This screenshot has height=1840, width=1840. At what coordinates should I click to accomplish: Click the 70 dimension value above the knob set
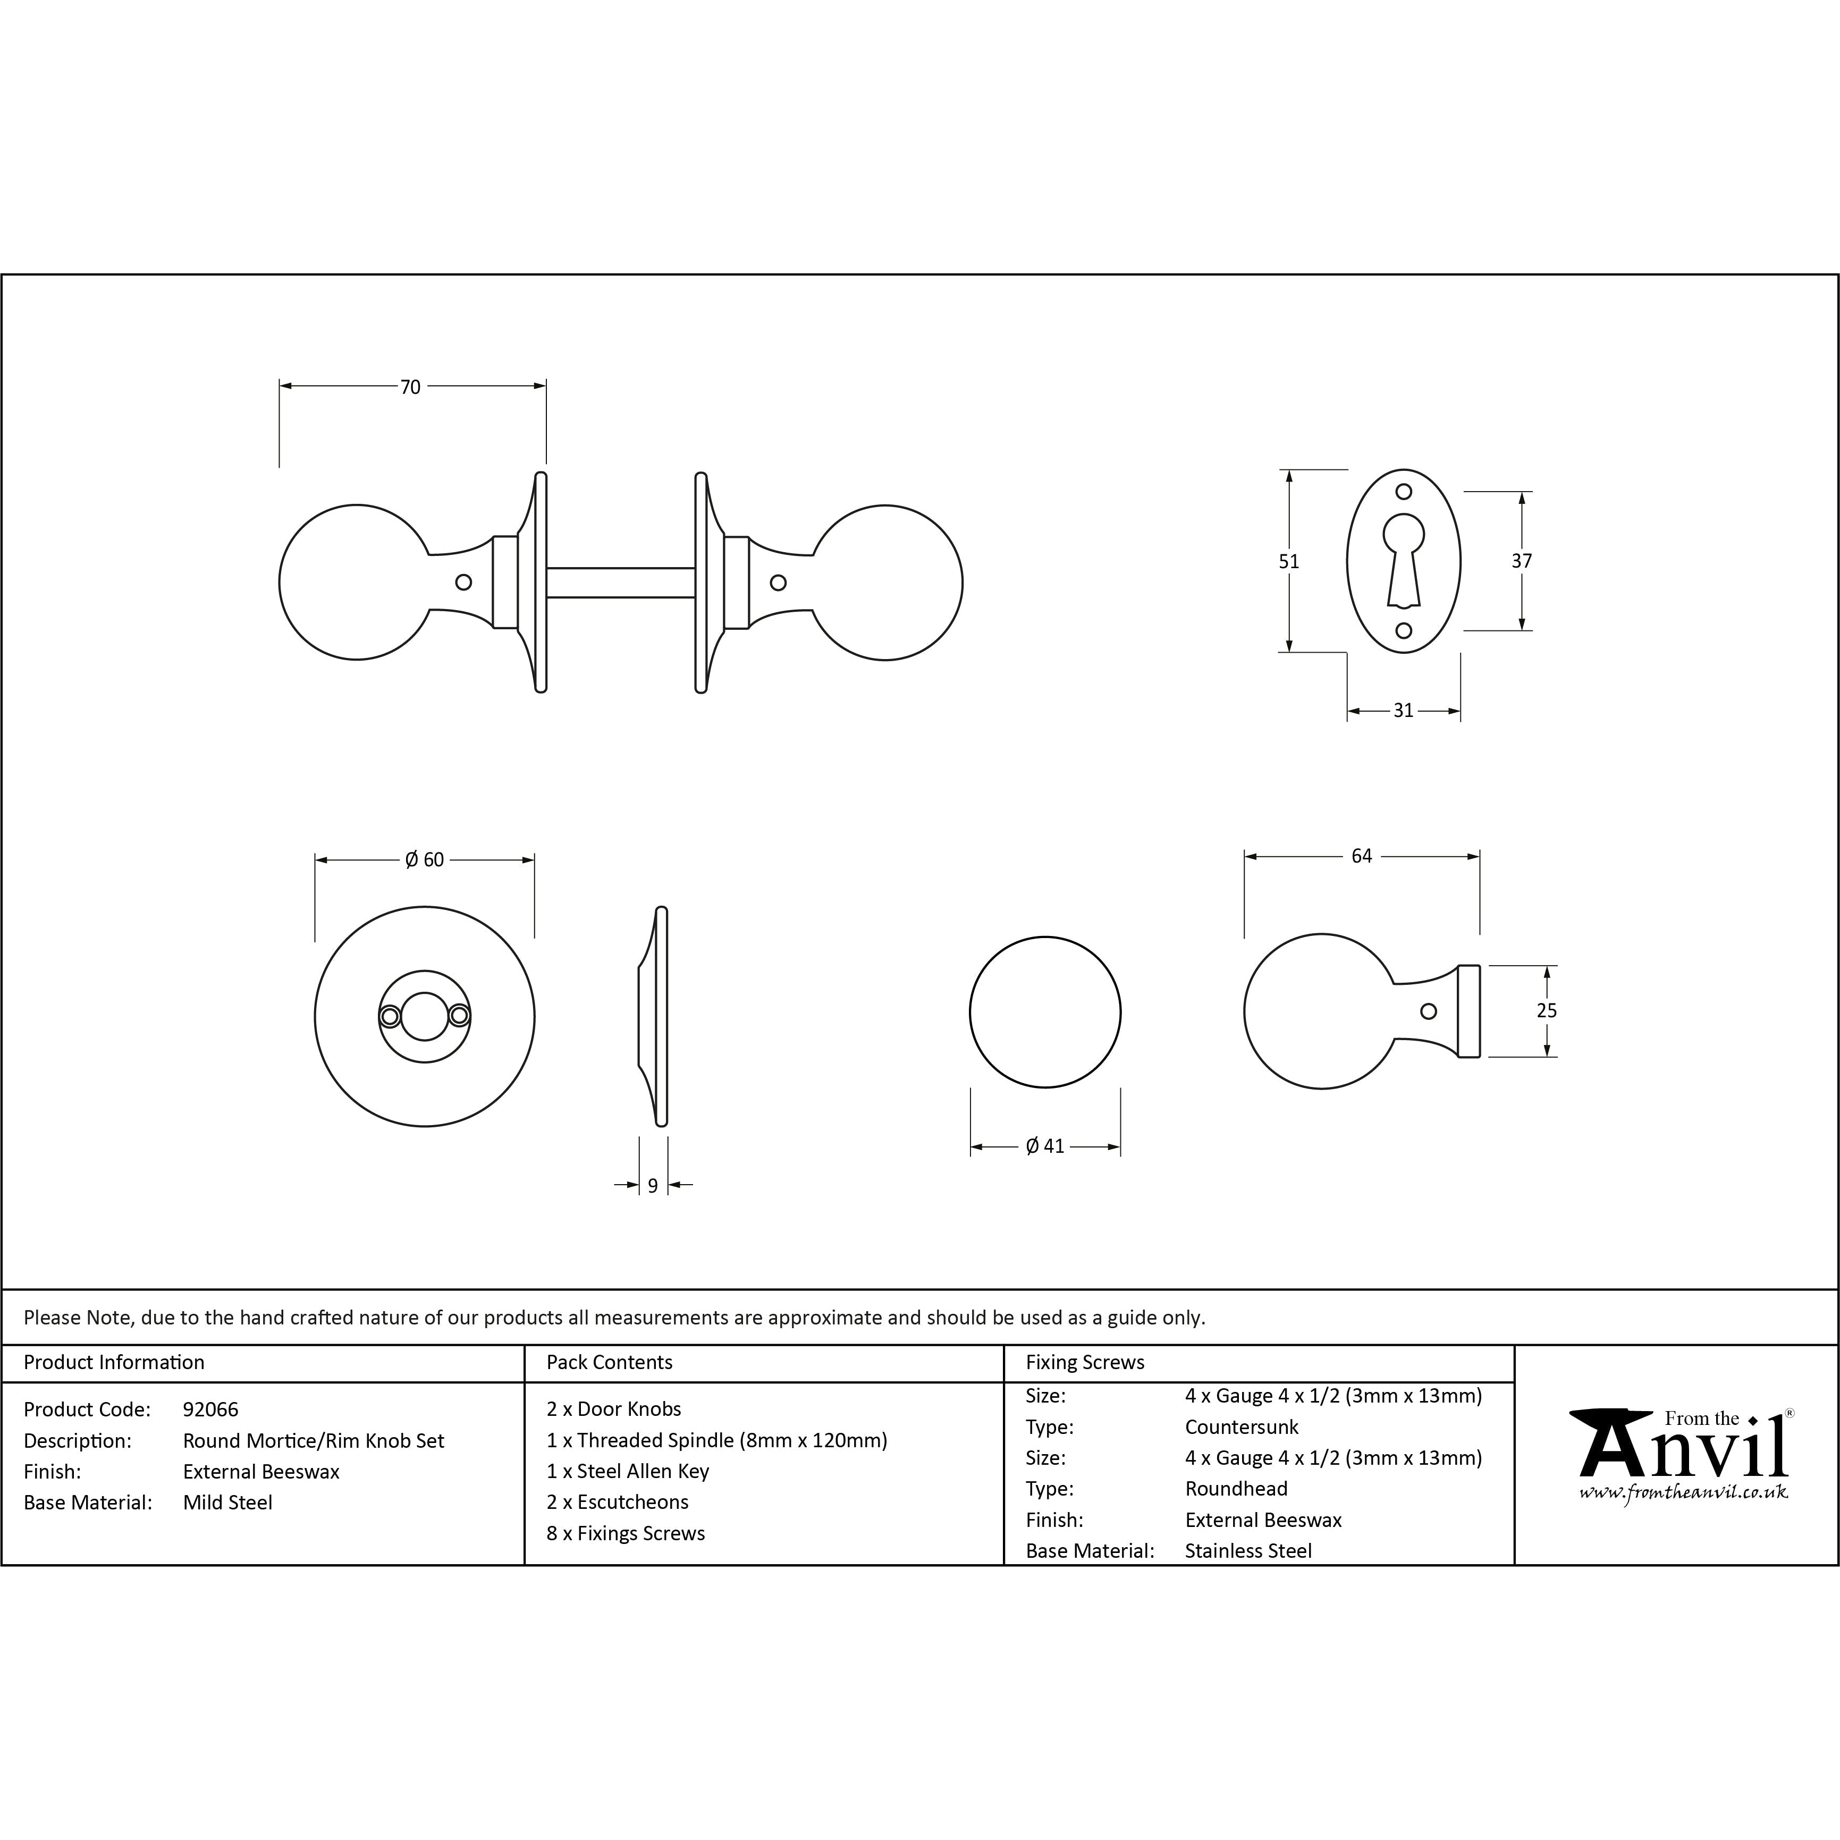coord(410,387)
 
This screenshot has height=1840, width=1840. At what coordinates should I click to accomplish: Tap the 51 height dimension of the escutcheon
coord(1288,562)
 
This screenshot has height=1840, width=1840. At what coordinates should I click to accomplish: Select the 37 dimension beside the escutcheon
coord(1521,561)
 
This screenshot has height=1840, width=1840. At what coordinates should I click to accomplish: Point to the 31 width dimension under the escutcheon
coord(1403,711)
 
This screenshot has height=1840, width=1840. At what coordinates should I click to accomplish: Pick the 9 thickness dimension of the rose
coord(652,1186)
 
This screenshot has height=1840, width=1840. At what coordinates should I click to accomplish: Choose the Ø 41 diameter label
coord(1045,1146)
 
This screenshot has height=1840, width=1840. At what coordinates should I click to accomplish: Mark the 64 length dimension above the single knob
coord(1361,856)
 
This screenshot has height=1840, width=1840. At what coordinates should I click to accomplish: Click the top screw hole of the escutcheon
coord(1403,492)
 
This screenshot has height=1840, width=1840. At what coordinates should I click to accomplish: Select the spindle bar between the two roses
coord(620,583)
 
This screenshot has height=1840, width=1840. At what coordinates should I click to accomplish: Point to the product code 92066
coord(210,1409)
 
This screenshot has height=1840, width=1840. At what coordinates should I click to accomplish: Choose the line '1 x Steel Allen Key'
coord(628,1472)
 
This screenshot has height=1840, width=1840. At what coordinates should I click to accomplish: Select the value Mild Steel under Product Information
coord(227,1503)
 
